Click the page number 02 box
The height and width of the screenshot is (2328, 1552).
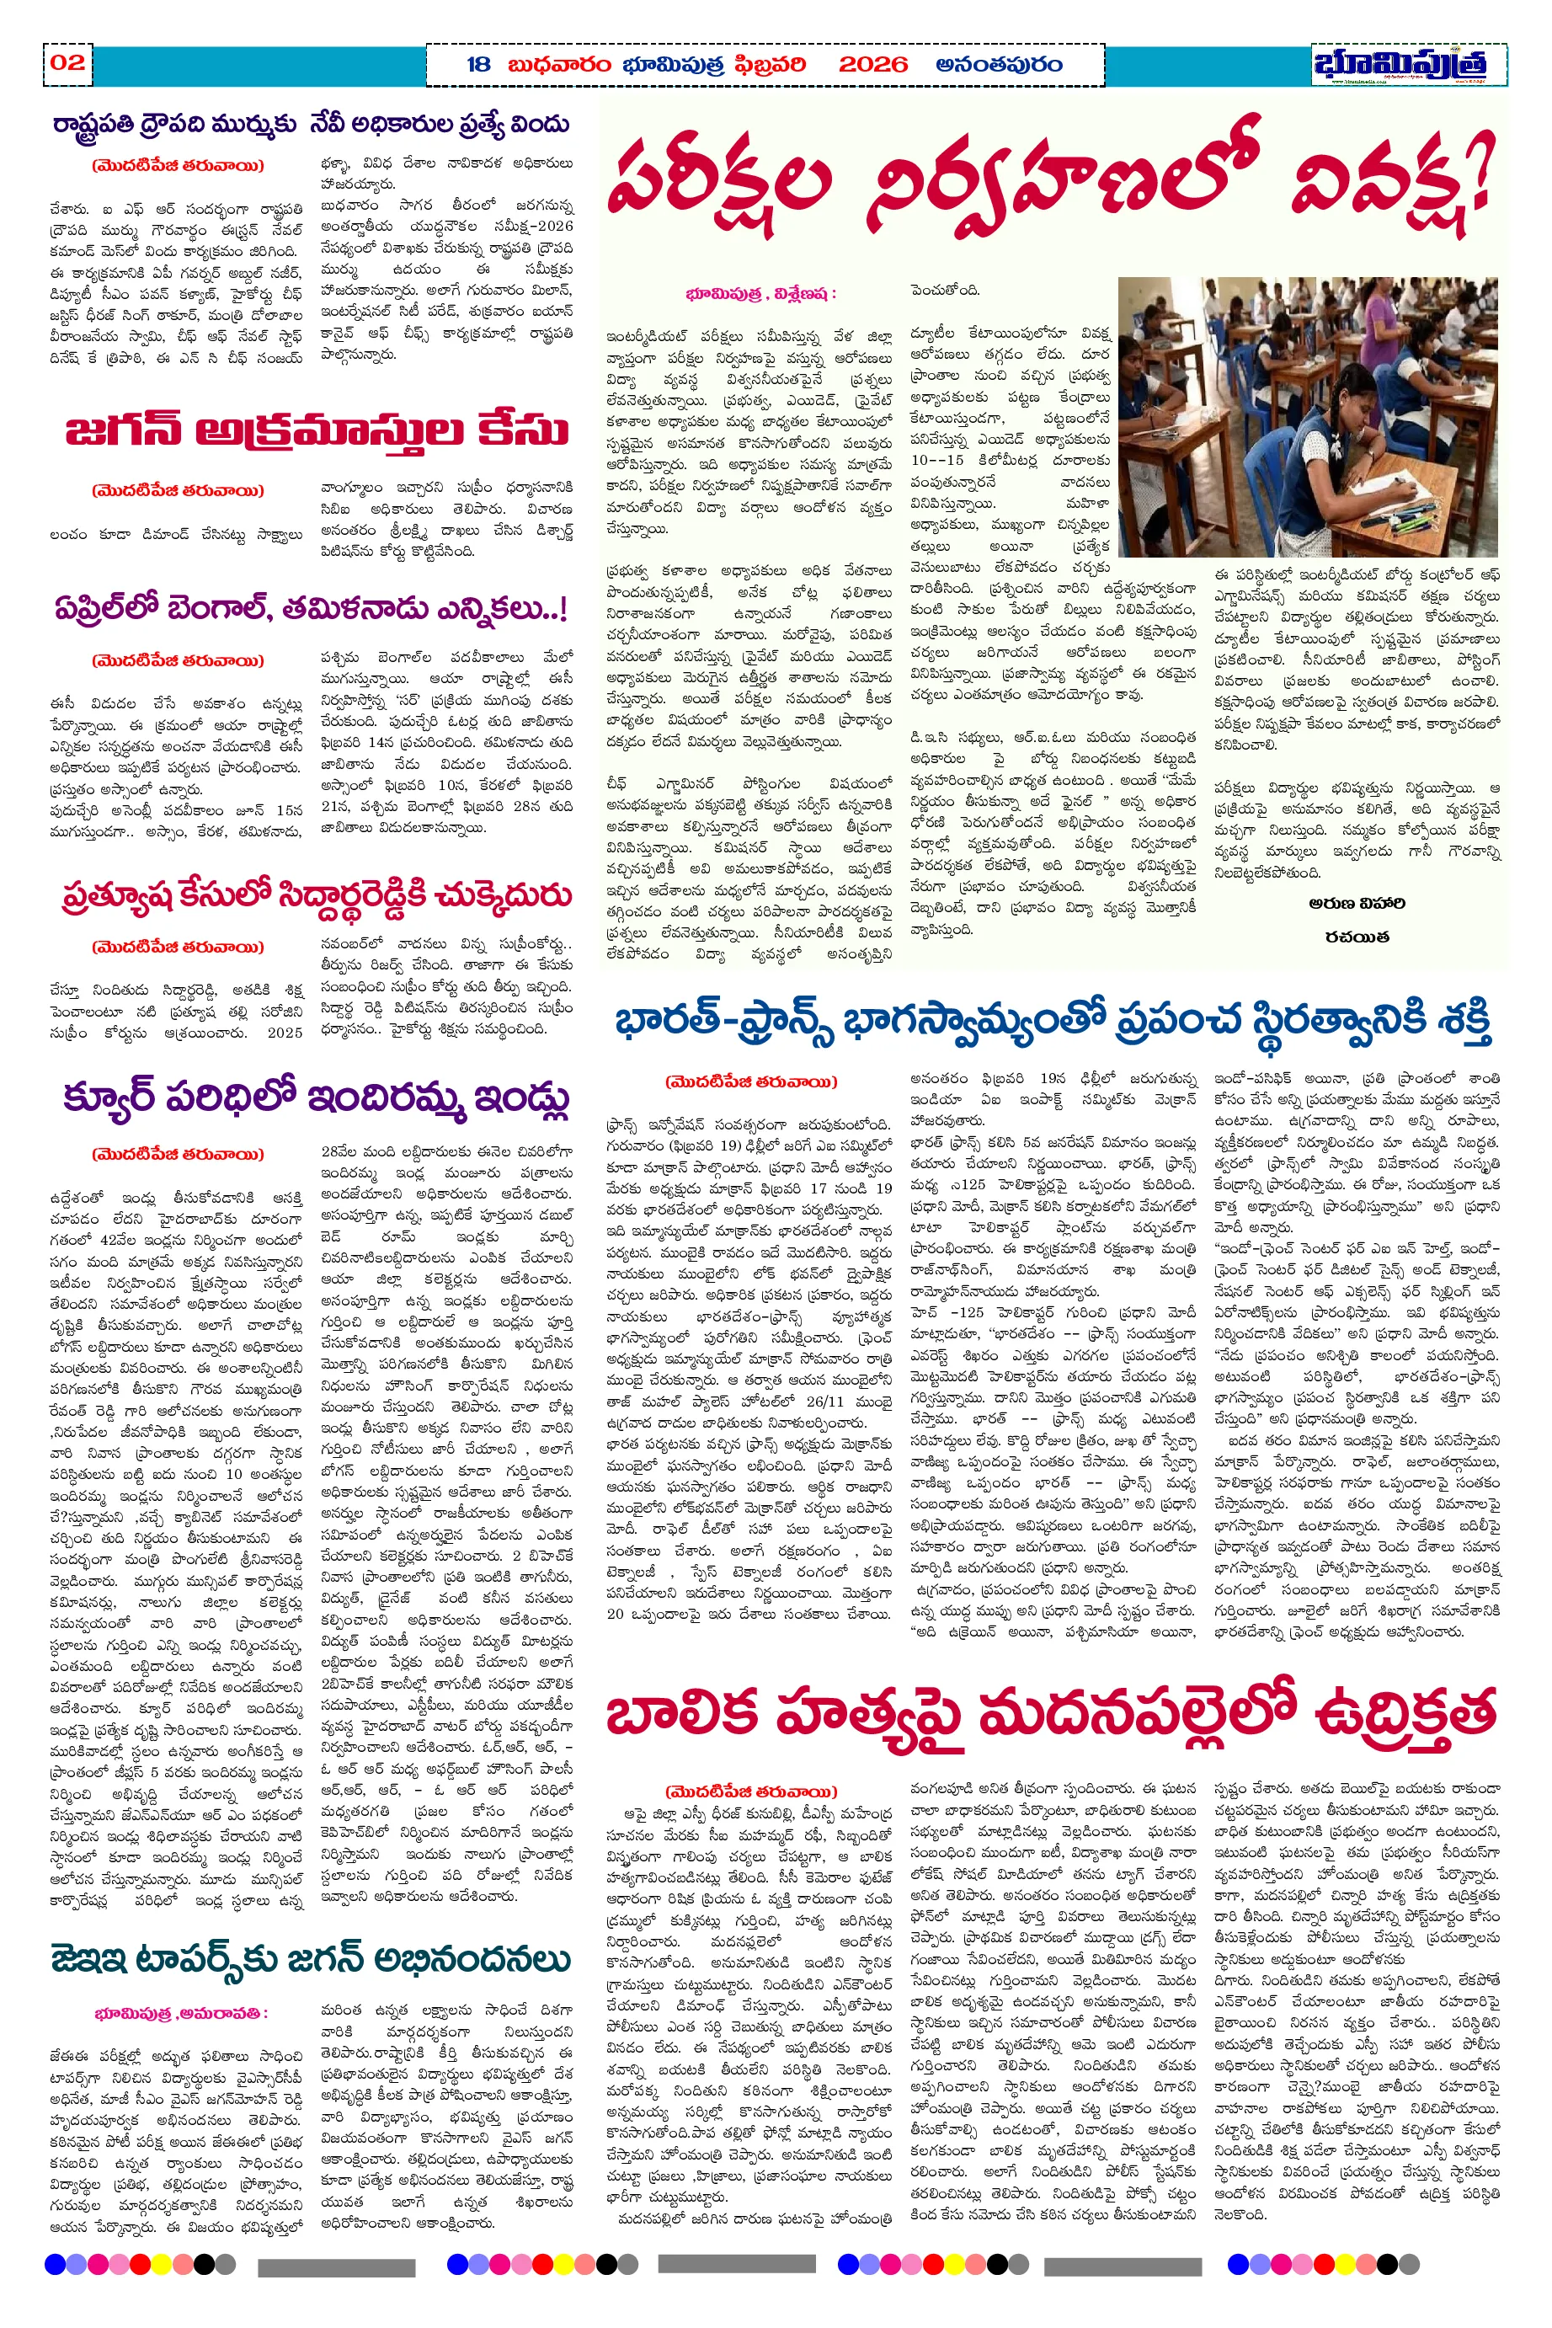point(67,63)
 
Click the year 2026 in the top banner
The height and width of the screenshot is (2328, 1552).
point(872,66)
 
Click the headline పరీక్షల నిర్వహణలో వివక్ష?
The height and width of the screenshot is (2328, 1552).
point(1049,179)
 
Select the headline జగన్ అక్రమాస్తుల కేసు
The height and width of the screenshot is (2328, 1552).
point(317,431)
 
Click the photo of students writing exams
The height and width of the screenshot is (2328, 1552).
point(1307,417)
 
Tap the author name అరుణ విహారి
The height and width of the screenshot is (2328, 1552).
point(1356,904)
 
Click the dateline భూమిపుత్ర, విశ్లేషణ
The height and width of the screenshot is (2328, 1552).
point(760,294)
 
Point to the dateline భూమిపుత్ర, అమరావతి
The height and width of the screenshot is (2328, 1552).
point(181,2014)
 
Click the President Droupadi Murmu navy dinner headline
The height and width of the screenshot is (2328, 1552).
point(311,125)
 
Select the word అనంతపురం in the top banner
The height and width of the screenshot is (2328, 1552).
point(999,66)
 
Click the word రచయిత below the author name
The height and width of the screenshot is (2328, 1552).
point(1357,937)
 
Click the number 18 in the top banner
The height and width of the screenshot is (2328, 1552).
point(478,66)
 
